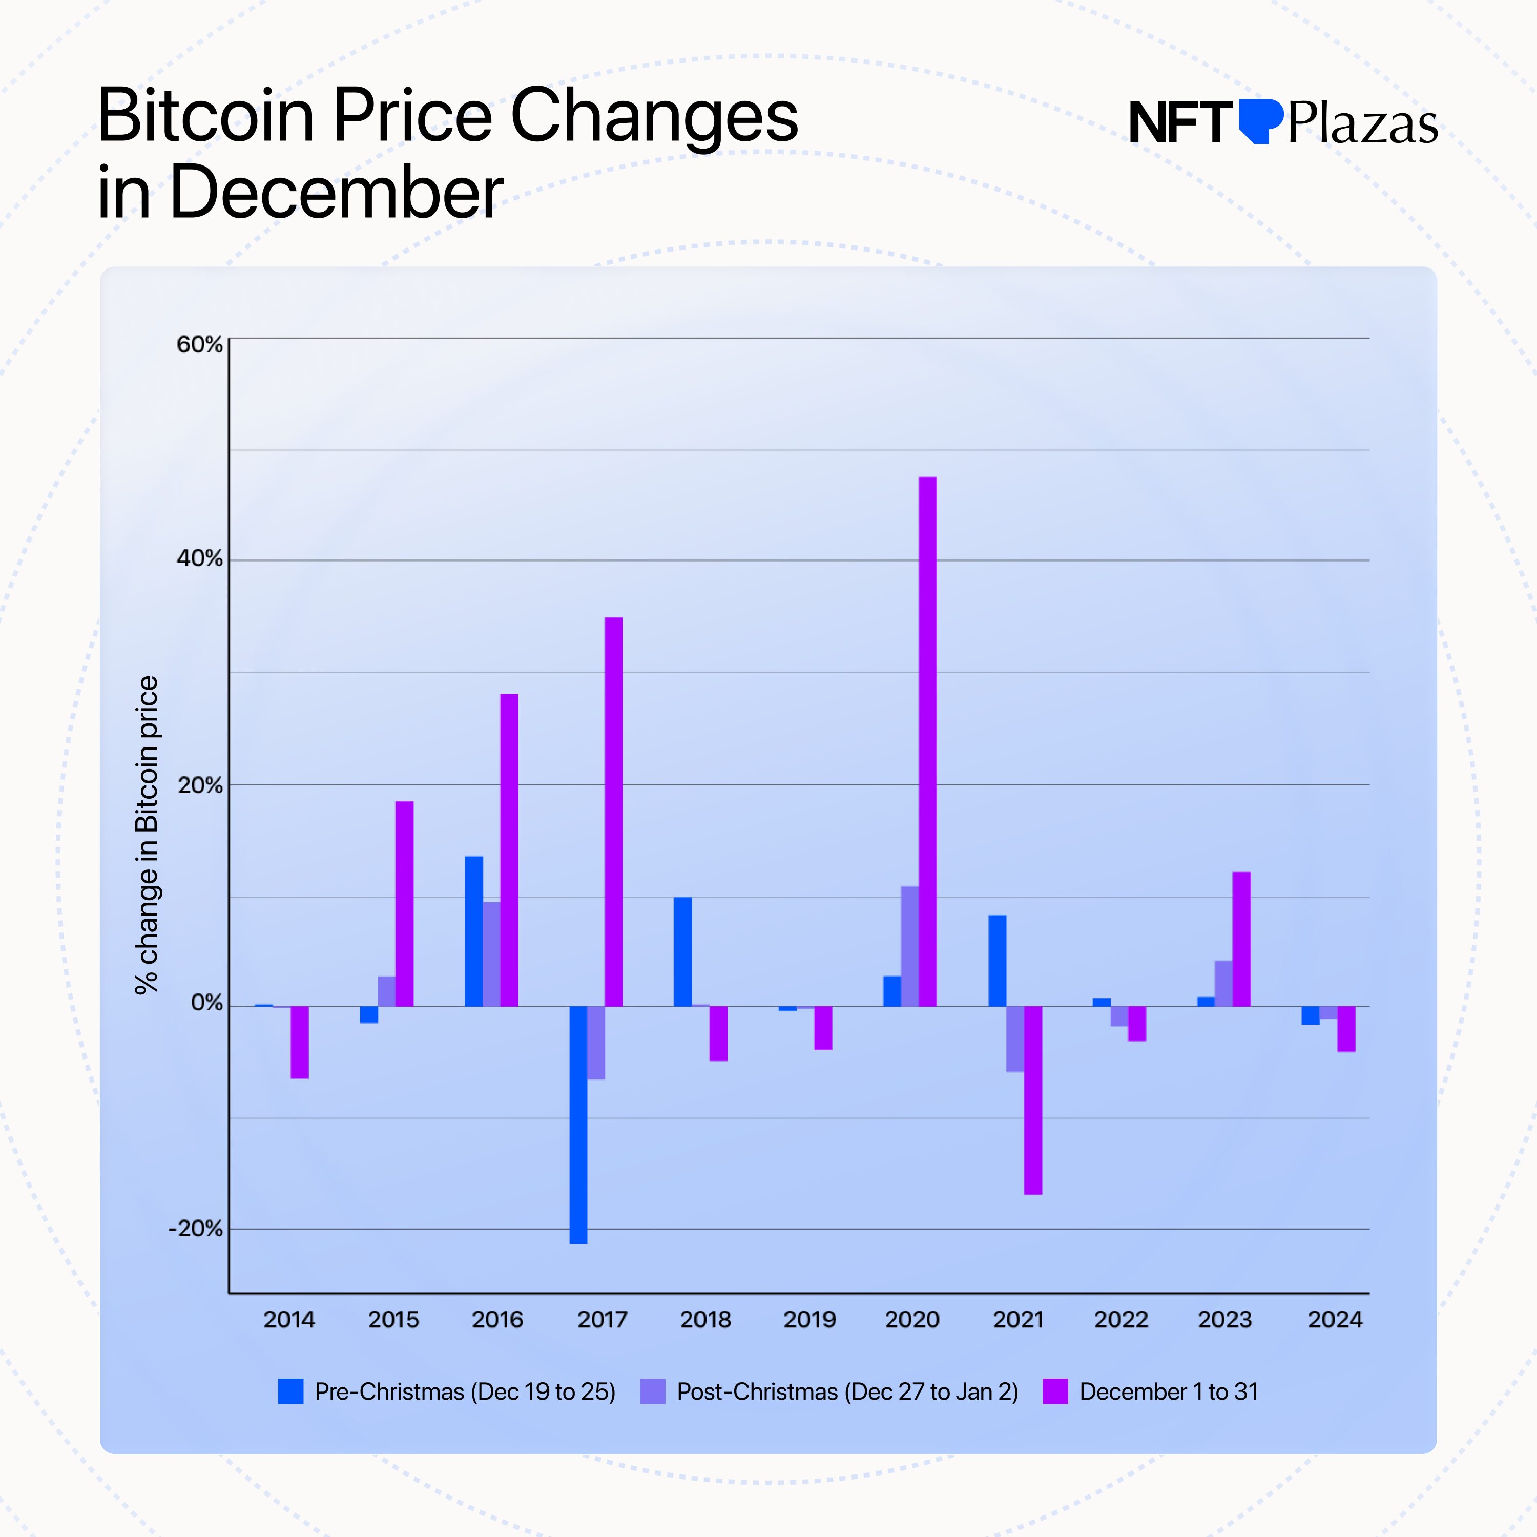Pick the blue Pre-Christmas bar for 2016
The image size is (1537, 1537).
(473, 931)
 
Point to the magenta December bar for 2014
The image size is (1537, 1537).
(299, 1042)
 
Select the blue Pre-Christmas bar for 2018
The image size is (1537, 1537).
(682, 951)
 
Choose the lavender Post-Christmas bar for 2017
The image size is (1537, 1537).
(596, 1042)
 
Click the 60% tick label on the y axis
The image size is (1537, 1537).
(199, 344)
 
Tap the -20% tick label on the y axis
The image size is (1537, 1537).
(195, 1229)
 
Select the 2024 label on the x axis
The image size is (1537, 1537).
(1335, 1320)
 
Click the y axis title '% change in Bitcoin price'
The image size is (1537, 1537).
(147, 835)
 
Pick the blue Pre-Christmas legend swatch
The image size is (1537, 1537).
(290, 1391)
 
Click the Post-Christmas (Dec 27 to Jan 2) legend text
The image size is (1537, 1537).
(847, 1391)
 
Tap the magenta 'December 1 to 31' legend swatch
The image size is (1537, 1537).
(1055, 1391)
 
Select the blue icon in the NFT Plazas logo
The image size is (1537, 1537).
(1260, 121)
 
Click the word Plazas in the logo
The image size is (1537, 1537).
(1362, 124)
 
